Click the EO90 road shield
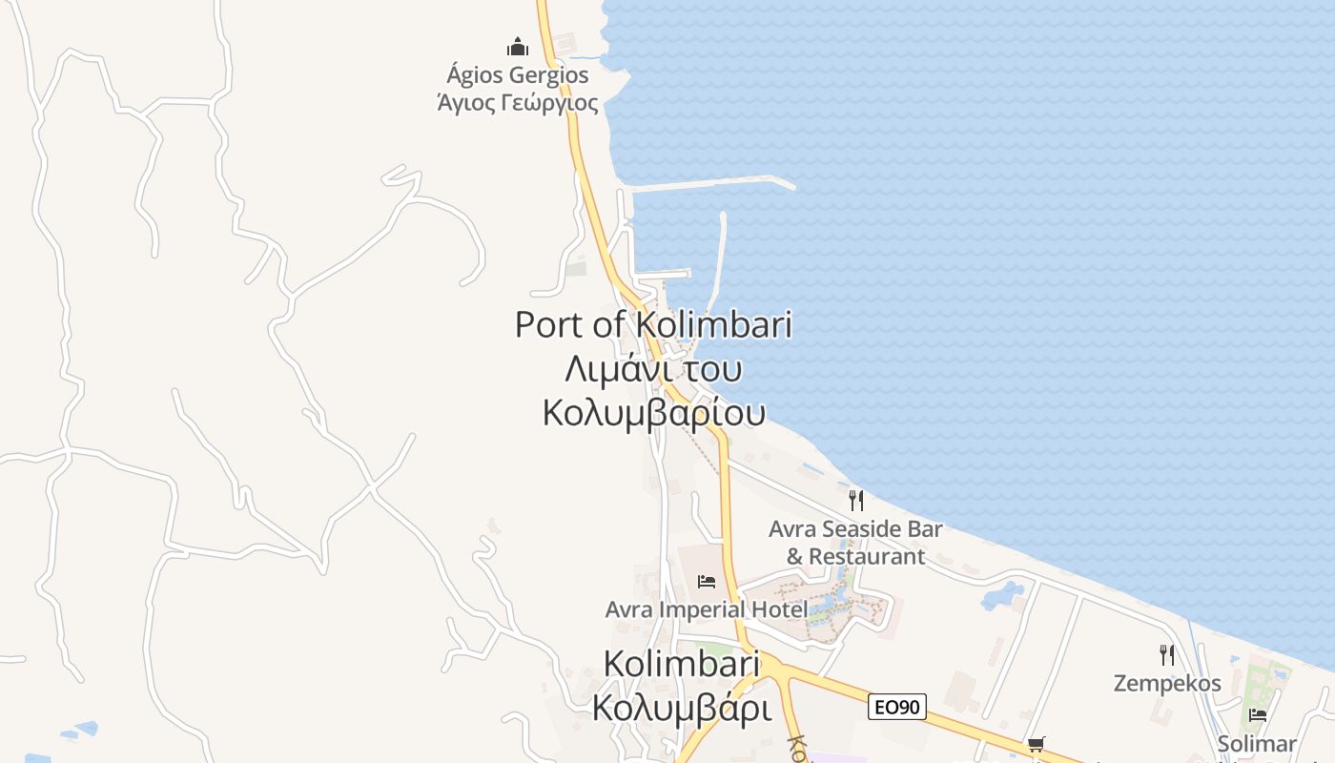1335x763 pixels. coord(897,707)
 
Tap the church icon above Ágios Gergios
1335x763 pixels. coord(518,47)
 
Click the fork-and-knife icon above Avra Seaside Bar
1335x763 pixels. coord(856,500)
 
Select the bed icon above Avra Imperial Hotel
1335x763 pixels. coord(707,581)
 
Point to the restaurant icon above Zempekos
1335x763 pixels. coord(1166,655)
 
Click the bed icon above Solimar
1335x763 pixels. coord(1258,715)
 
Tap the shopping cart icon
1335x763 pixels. coord(1036,744)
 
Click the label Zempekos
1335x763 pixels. coord(1167,683)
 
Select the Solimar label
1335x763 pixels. coord(1257,743)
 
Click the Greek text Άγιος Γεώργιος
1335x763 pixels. coord(518,103)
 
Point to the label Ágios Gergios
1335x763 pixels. coord(518,74)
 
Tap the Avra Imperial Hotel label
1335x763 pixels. coord(707,608)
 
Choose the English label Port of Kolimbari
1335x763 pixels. coord(654,324)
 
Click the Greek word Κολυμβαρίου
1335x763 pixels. coord(654,412)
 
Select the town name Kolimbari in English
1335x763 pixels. coord(682,664)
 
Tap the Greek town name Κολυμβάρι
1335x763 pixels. coord(682,708)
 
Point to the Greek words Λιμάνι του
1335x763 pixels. coord(654,368)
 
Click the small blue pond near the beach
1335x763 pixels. coord(1001,594)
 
